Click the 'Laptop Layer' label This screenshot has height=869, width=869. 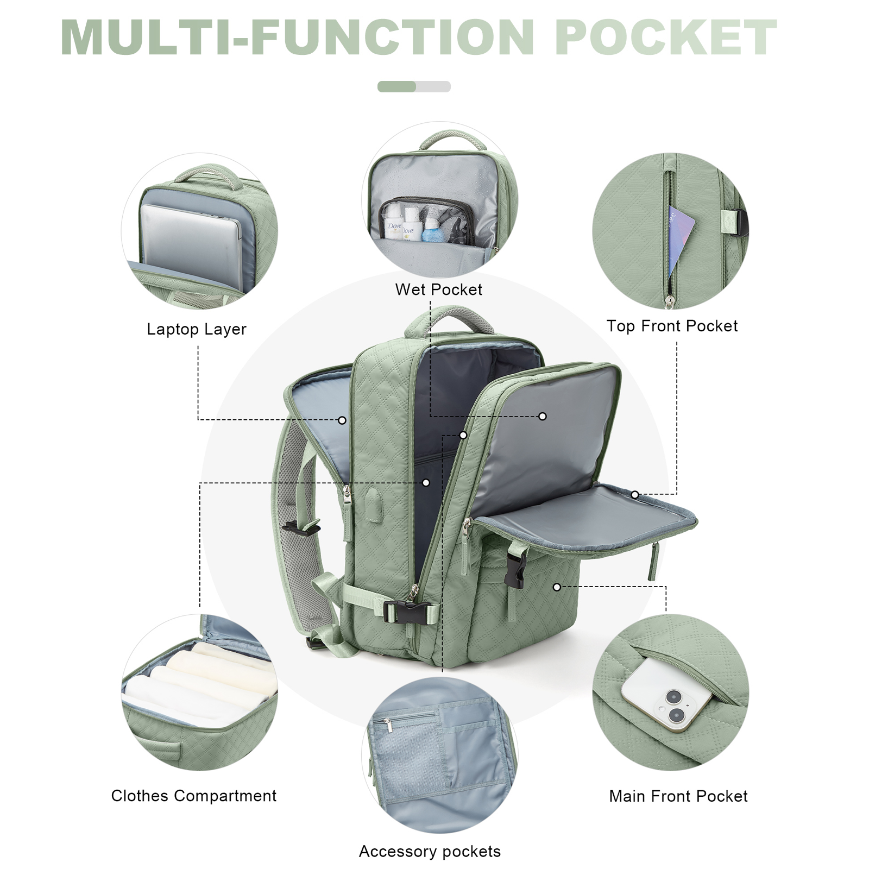[x=197, y=329]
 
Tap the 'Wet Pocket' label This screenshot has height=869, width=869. [x=439, y=289]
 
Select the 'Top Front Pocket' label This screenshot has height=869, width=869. [x=672, y=326]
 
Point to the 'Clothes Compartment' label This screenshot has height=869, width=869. [x=194, y=796]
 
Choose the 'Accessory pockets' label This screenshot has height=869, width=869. [x=430, y=851]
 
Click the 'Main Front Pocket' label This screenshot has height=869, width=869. [x=678, y=796]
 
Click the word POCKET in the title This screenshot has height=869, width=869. [x=666, y=37]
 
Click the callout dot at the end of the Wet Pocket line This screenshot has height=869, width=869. [x=543, y=416]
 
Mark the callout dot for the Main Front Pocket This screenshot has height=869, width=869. [x=557, y=587]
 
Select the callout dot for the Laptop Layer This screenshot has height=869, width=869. [x=342, y=420]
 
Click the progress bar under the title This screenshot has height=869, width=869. [x=414, y=86]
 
